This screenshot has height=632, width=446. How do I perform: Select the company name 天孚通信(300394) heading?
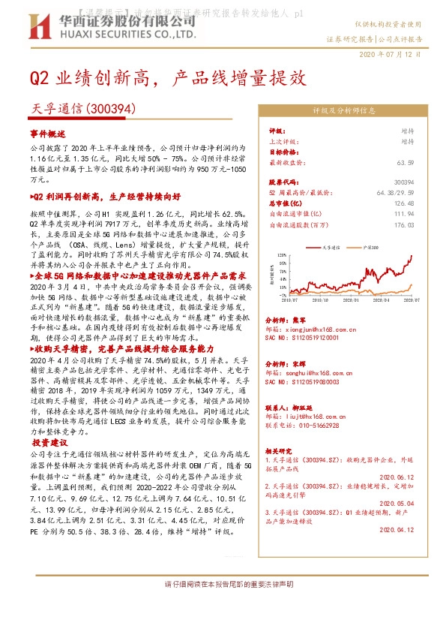(82, 108)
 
